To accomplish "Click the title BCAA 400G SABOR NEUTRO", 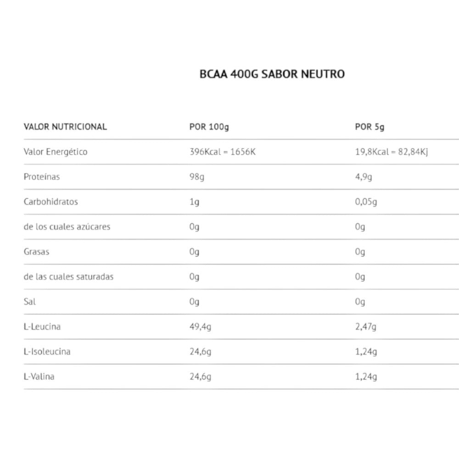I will [272, 74].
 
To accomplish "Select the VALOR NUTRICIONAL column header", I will [65, 127].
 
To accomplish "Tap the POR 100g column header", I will [209, 127].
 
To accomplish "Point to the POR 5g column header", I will [370, 127].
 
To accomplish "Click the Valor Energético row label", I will [56, 152].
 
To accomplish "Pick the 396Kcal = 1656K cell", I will [222, 152].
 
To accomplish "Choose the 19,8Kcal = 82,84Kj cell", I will [392, 152].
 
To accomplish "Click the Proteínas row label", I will [42, 177].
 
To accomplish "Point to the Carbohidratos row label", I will [51, 202].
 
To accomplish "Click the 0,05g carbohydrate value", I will [366, 202].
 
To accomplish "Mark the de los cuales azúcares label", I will [67, 227].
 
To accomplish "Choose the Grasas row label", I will [36, 252].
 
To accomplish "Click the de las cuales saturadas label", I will [68, 277].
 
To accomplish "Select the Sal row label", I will [29, 302].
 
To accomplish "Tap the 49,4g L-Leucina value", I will [200, 327].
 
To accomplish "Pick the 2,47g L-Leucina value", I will [366, 327].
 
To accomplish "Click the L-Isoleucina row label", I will [47, 352].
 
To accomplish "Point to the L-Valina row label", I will [39, 377].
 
